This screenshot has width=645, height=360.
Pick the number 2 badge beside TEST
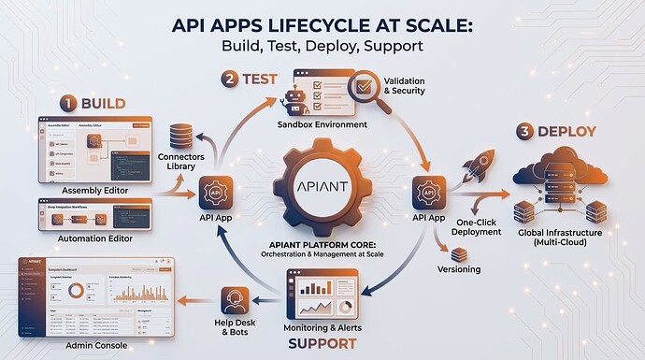pos(228,79)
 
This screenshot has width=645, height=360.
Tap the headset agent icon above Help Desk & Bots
pos(234,301)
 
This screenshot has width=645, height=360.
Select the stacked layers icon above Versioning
pos(459,253)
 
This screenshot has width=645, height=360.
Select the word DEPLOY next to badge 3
pos(570,132)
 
